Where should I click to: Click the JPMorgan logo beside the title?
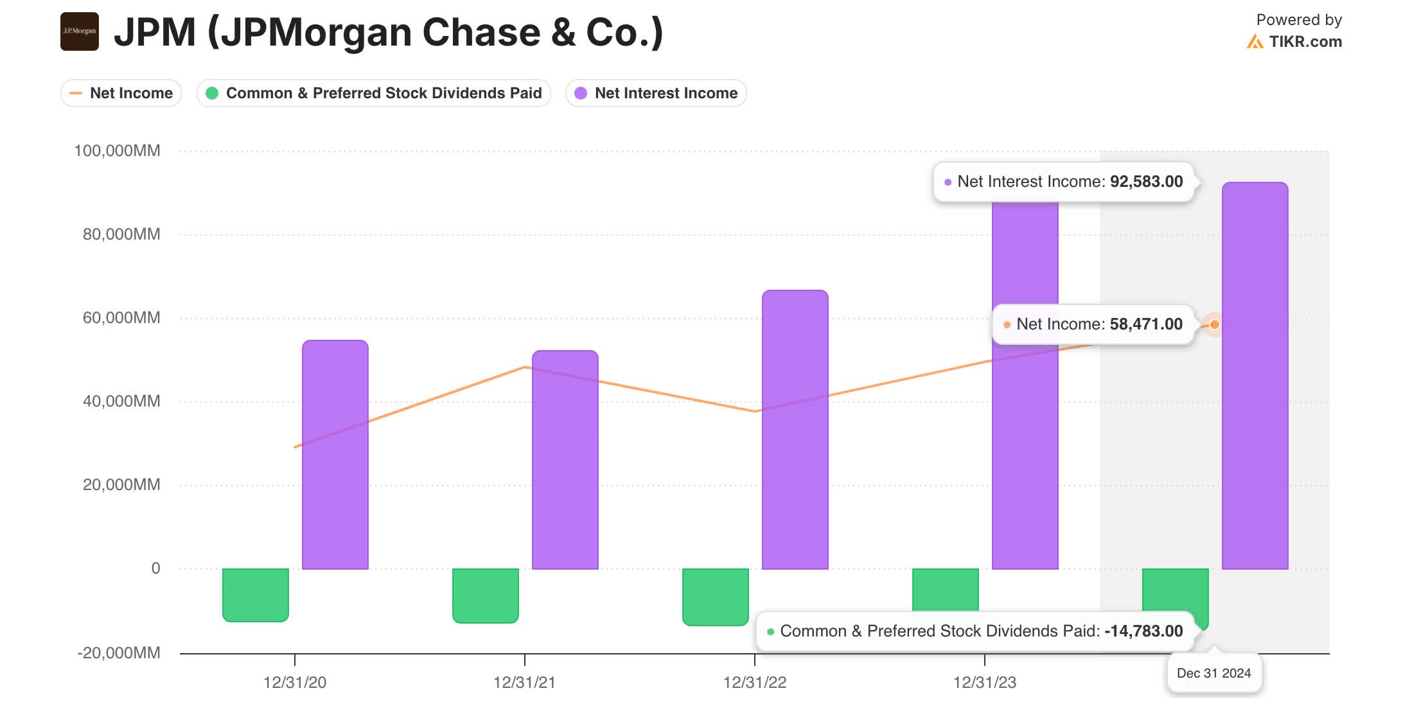point(79,31)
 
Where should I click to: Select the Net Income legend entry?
point(121,93)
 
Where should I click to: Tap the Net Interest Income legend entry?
point(656,93)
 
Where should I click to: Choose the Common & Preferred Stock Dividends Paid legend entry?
point(374,93)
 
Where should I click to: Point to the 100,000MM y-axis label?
point(117,151)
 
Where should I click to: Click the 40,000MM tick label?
point(121,401)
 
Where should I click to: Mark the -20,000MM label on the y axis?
point(118,653)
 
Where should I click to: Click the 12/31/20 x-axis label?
point(294,682)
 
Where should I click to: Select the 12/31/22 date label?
point(754,682)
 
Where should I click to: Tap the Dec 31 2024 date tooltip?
point(1213,673)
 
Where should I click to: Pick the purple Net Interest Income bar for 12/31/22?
point(795,430)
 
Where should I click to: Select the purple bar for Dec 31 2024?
point(1255,376)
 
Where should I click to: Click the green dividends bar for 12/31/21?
point(485,595)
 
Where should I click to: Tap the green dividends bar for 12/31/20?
point(256,595)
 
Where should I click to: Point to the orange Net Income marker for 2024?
point(1214,324)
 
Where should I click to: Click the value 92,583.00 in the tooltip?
point(1146,182)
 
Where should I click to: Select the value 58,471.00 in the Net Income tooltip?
point(1146,324)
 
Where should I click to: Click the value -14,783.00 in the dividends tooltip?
point(1143,631)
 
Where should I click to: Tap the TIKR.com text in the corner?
point(1305,42)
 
